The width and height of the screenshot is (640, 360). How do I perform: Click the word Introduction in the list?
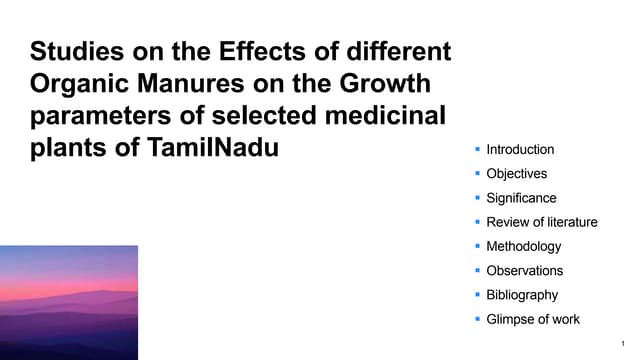pyautogui.click(x=519, y=150)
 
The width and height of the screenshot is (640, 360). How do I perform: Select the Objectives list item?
pyautogui.click(x=516, y=174)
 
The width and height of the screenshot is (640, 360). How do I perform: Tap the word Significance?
pyautogui.click(x=521, y=198)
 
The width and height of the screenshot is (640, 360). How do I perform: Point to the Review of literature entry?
pyautogui.click(x=541, y=222)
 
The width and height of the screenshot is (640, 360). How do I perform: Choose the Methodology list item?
pyautogui.click(x=523, y=246)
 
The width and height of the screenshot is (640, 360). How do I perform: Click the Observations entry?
pyautogui.click(x=524, y=271)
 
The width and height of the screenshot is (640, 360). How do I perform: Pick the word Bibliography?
pyautogui.click(x=522, y=295)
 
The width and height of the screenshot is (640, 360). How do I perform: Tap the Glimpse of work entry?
pyautogui.click(x=532, y=319)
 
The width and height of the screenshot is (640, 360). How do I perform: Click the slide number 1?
pyautogui.click(x=622, y=343)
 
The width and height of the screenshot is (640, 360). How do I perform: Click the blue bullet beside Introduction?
pyautogui.click(x=478, y=150)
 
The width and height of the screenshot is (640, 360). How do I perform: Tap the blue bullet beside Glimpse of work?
pyautogui.click(x=478, y=319)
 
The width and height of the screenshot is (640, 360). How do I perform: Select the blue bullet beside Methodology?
pyautogui.click(x=478, y=246)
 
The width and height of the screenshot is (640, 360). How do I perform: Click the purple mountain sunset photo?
pyautogui.click(x=69, y=302)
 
